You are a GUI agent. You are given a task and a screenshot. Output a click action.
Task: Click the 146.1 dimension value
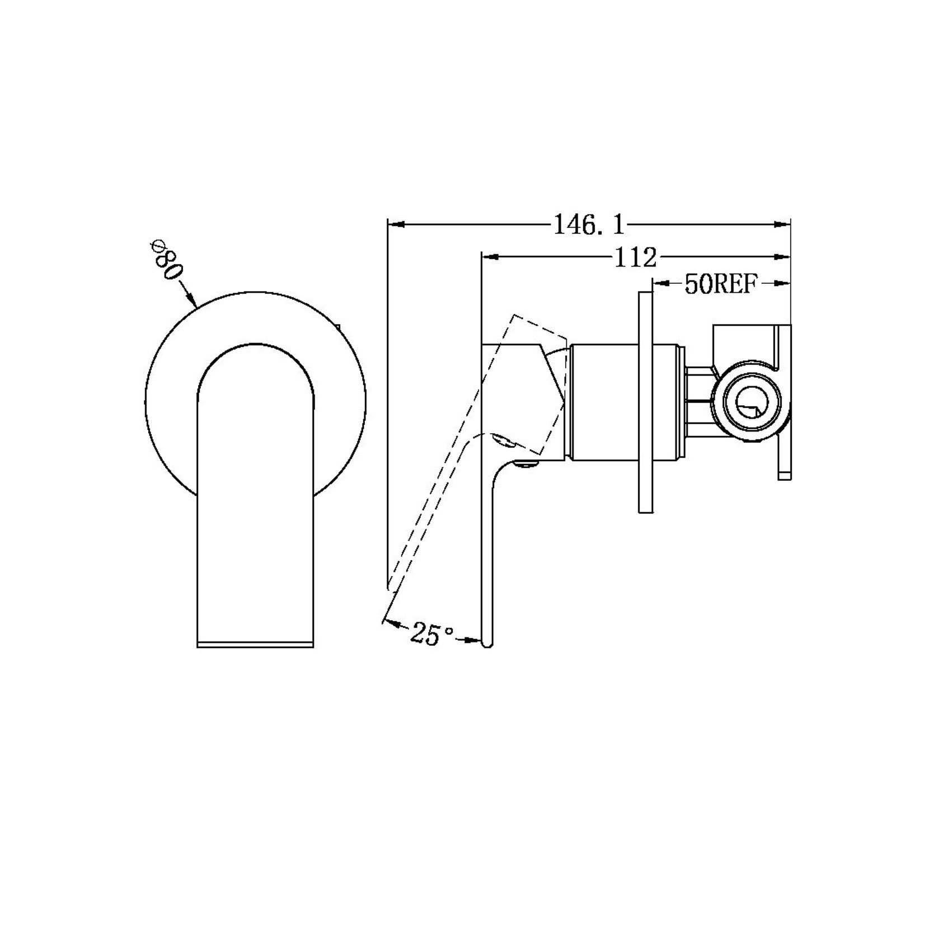pos(588,225)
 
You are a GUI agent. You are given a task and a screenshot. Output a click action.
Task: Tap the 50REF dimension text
pos(720,285)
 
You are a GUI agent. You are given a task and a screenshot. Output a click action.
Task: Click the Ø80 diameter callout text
pos(166,261)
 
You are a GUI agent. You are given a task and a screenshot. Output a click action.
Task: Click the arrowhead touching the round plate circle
pos(191,301)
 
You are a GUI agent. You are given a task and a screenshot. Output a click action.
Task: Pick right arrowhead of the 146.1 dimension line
pos(782,225)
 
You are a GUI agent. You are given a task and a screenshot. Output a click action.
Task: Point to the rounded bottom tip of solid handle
pos(487,644)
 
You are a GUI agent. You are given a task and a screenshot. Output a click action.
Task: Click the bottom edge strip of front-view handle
pos(255,644)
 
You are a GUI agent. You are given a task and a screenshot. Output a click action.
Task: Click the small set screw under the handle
pos(527,448)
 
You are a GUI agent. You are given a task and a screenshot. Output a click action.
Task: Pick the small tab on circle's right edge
pos(337,326)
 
